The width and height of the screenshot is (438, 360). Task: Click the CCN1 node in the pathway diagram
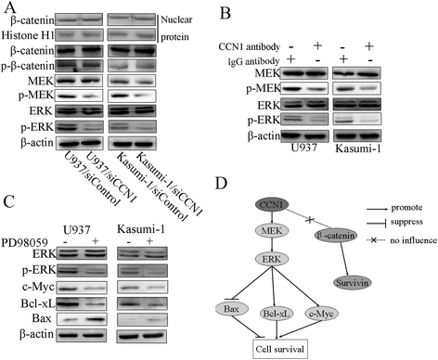click(x=272, y=204)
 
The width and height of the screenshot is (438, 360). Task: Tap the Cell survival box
click(x=280, y=350)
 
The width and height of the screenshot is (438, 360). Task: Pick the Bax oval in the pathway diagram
click(x=232, y=309)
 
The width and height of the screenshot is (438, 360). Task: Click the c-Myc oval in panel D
click(x=321, y=314)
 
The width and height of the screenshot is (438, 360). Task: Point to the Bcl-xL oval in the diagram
click(x=276, y=314)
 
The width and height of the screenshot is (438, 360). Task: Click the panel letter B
click(x=225, y=13)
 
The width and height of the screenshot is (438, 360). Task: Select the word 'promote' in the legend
click(x=406, y=208)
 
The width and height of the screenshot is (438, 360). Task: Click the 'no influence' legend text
click(x=413, y=240)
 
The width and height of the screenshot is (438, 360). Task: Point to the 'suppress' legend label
click(x=406, y=222)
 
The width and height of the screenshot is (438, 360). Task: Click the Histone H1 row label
click(x=28, y=35)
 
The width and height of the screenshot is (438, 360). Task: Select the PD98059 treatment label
click(x=24, y=242)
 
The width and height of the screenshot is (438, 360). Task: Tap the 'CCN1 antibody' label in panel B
click(x=249, y=46)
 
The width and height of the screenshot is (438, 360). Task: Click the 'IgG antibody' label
click(x=253, y=61)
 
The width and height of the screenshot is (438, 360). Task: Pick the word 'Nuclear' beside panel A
click(x=176, y=19)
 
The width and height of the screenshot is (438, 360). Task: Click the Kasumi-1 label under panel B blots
click(x=358, y=148)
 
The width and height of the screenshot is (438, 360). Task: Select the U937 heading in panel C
click(x=77, y=230)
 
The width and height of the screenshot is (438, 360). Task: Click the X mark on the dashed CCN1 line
click(x=310, y=220)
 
